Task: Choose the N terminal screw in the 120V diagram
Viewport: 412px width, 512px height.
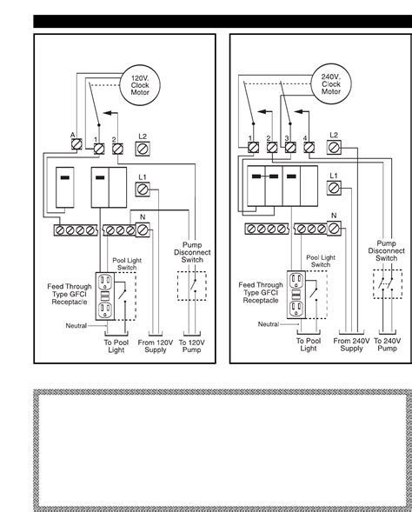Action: pos(143,229)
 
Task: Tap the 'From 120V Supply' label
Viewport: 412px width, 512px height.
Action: pos(156,347)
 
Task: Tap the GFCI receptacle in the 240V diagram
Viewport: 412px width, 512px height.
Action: pos(296,296)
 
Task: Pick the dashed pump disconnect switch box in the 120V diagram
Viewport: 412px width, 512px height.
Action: pos(191,287)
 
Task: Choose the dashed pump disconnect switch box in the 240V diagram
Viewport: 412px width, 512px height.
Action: pos(386,287)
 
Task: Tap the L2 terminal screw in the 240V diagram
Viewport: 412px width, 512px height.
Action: pos(334,149)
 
